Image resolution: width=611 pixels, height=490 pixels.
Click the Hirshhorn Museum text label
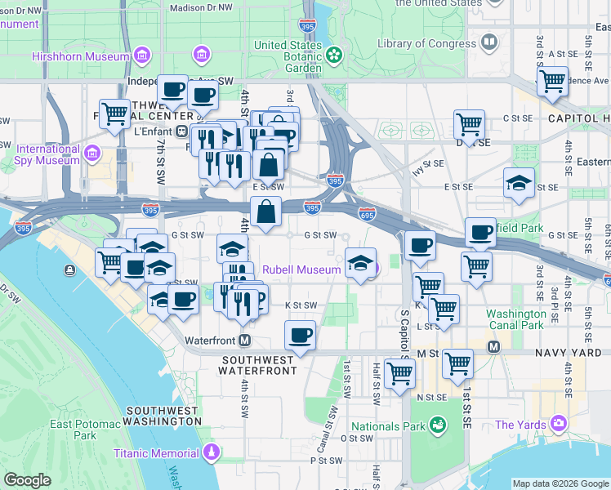[x=80, y=56]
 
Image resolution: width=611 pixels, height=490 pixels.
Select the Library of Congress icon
[x=489, y=42]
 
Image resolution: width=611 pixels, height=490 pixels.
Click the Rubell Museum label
[x=301, y=269]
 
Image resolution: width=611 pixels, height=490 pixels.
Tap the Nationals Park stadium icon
[x=438, y=425]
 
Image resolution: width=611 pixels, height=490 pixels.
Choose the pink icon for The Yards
[x=559, y=423]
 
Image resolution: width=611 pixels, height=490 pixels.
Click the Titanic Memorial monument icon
[x=212, y=452]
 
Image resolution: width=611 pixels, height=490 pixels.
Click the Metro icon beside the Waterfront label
[x=243, y=340]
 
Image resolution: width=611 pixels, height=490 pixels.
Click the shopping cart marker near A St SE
[x=552, y=81]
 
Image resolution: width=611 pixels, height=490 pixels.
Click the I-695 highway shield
[x=367, y=213]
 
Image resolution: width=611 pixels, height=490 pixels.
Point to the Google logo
[x=27, y=480]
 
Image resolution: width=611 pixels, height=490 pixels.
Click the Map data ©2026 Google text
[x=560, y=483]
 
